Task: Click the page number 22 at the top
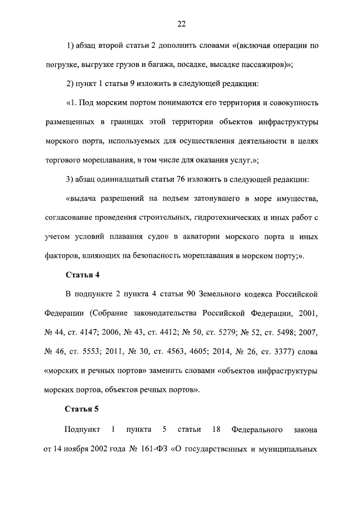(x=181, y=24)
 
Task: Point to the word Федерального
(x=257, y=431)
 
